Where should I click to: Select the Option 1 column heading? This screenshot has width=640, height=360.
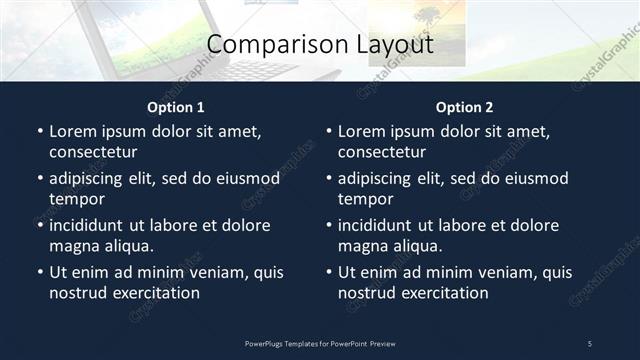176,107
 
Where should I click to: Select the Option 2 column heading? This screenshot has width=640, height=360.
464,107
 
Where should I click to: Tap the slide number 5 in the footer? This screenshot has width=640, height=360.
589,343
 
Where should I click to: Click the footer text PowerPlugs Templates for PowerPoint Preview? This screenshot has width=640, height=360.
320,343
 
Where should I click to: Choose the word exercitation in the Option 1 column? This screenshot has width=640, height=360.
154,293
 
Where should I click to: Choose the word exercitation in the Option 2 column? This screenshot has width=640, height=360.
443,293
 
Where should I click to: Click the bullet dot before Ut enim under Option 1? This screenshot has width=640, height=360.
40,272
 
